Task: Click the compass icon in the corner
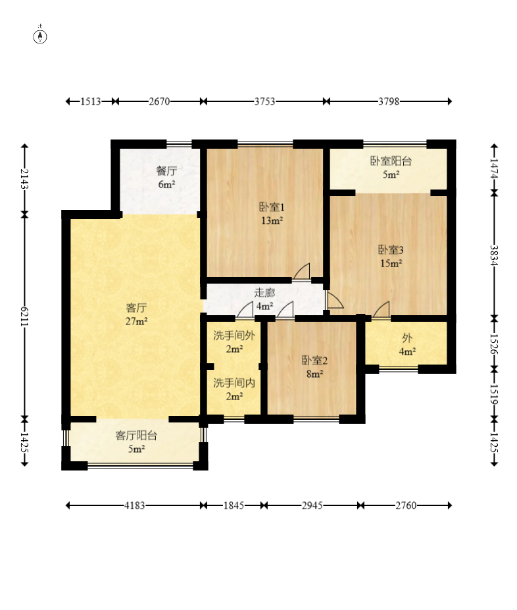40,36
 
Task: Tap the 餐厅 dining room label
167,171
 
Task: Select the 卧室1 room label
272,207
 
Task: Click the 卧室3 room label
391,250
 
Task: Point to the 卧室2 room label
314,361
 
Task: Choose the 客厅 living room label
136,308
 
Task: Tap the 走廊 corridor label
264,293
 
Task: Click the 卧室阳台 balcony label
391,161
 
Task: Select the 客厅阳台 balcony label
136,436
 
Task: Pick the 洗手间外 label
234,336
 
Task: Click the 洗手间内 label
234,383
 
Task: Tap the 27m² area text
136,321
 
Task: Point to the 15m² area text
391,263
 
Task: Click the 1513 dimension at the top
91,101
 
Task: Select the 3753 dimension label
264,101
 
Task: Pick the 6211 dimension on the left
24,317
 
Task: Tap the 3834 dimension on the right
494,255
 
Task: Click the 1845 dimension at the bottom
234,505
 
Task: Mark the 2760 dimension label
406,505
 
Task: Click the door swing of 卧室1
302,271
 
